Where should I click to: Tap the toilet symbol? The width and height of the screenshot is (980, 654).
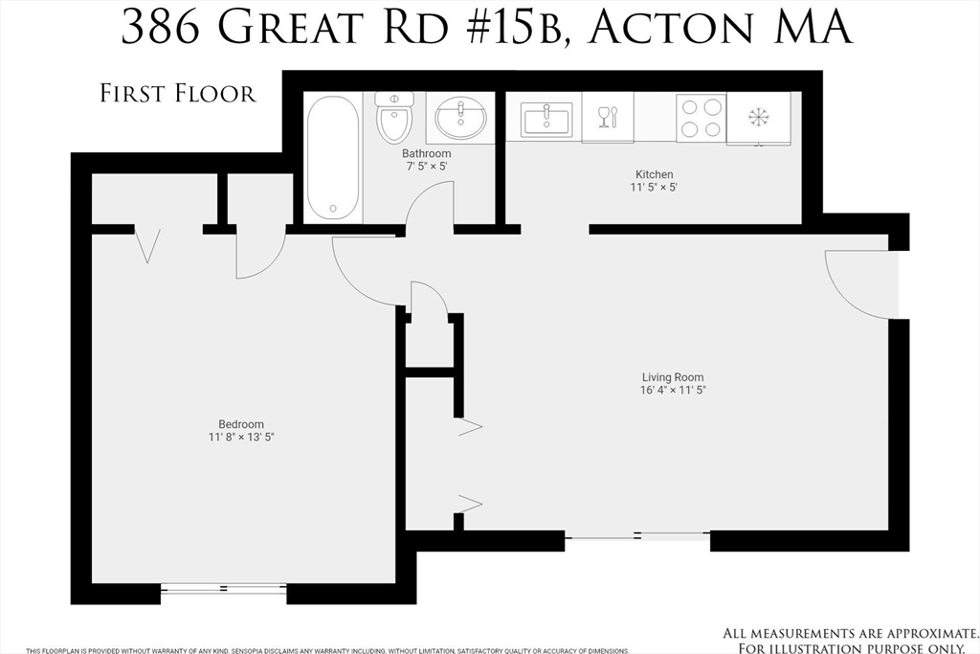click(393, 117)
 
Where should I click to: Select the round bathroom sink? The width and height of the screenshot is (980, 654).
click(460, 119)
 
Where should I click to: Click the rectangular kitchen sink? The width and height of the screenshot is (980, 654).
click(546, 120)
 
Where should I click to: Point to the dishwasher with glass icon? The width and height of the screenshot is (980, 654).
click(607, 118)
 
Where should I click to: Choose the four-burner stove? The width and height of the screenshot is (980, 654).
click(700, 118)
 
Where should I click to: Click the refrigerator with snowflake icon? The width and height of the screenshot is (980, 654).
click(758, 118)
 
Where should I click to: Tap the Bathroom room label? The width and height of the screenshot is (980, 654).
click(426, 153)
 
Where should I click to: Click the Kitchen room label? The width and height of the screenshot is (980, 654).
click(655, 174)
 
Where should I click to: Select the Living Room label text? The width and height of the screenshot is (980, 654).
click(674, 377)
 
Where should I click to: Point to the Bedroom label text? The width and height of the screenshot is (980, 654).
click(241, 424)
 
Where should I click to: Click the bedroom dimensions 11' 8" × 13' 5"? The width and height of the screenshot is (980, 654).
click(241, 438)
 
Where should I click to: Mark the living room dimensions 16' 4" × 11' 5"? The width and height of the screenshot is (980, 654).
click(674, 391)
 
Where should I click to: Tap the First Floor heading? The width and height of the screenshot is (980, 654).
click(178, 93)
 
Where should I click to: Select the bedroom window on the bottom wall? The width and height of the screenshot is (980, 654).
click(223, 588)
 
